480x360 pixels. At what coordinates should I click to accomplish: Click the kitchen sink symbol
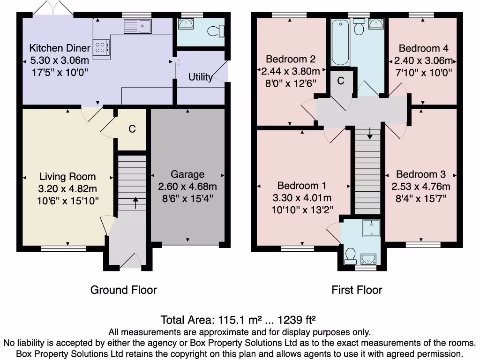(x=138, y=26)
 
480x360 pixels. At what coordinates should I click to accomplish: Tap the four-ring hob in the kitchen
(x=101, y=47)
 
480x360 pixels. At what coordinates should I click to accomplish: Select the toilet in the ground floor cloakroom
(x=216, y=31)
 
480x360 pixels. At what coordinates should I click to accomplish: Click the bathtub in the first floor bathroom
(x=340, y=42)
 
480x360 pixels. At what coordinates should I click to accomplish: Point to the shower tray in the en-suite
(x=372, y=228)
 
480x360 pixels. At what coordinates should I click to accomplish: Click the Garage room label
(x=187, y=174)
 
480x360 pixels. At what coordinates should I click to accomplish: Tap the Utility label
(x=201, y=77)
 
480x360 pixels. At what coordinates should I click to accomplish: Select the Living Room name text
(x=67, y=177)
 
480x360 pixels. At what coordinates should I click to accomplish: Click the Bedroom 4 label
(x=423, y=48)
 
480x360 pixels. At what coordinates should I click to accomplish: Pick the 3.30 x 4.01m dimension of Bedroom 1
(x=302, y=198)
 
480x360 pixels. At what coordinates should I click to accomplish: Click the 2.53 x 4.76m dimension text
(x=421, y=187)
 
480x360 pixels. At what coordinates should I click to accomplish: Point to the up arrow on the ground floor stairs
(x=135, y=203)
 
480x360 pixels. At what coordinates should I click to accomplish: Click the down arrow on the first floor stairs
(x=370, y=134)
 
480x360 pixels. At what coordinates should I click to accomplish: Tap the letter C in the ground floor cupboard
(x=132, y=129)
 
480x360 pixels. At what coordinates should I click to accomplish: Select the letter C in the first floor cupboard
(x=341, y=81)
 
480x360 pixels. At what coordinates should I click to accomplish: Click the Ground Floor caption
(x=123, y=290)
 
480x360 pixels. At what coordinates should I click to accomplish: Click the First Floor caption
(x=357, y=290)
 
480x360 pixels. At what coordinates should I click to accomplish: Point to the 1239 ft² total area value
(x=296, y=320)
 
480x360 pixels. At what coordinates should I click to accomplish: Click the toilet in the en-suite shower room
(x=350, y=256)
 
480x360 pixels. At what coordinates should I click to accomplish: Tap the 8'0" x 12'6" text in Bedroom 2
(x=291, y=83)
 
